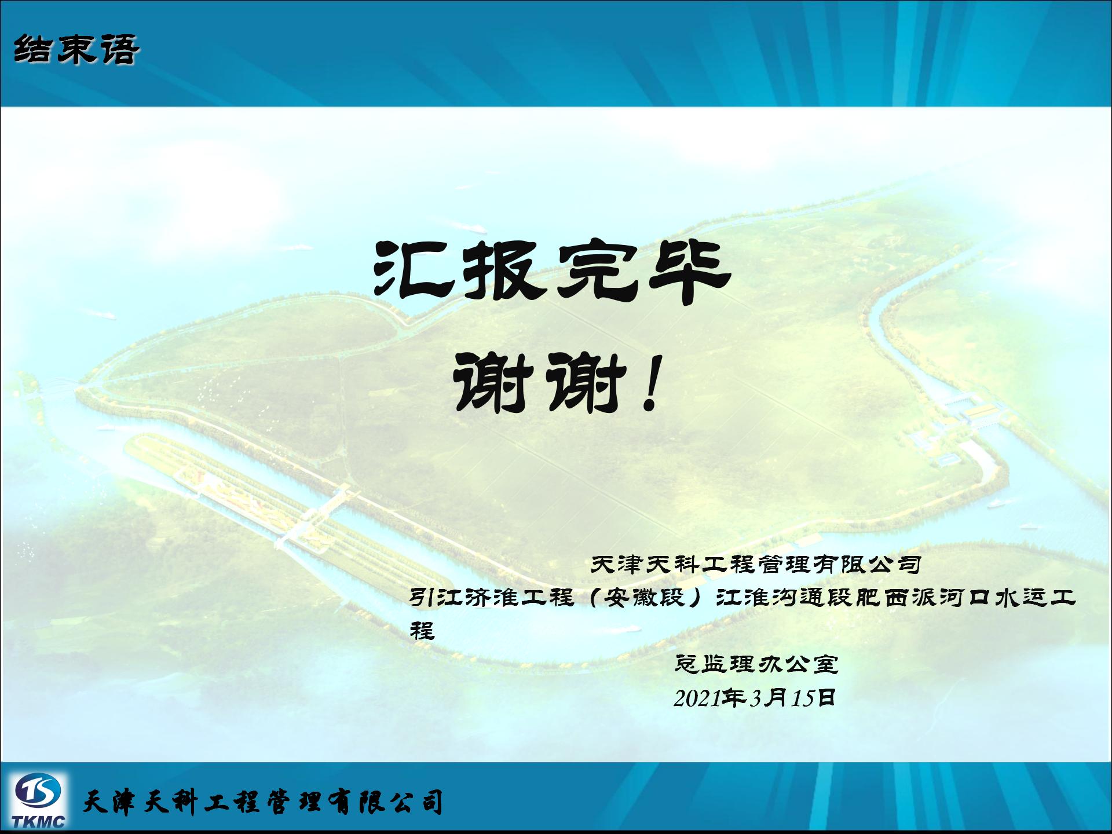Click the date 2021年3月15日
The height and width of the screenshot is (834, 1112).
coord(755,698)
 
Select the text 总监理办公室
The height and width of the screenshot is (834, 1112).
coord(757,664)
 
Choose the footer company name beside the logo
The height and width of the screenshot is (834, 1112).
coord(264,802)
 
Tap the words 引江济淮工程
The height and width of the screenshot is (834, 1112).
coord(492,597)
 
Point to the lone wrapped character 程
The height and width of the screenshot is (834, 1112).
coord(422,630)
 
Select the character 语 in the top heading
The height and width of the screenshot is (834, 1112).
coord(120,49)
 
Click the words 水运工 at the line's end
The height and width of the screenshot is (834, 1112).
coord(1034,597)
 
